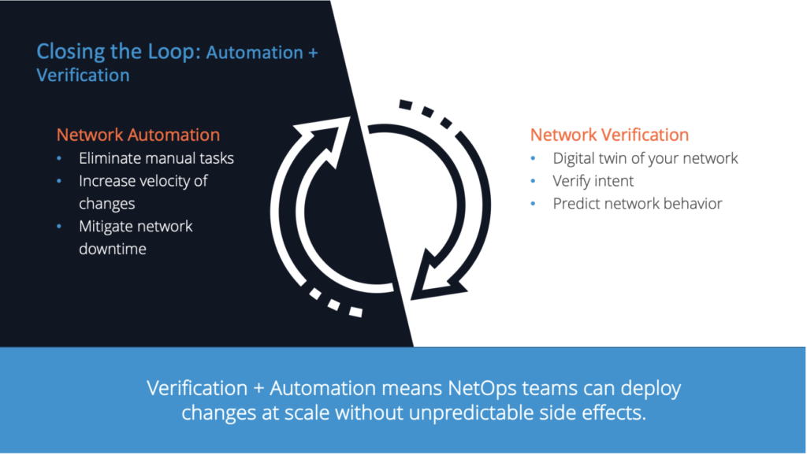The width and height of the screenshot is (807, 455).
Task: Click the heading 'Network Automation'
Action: [138, 135]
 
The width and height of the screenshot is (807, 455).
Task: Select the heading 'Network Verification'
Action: [609, 135]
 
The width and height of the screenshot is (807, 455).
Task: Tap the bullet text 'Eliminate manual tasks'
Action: [156, 158]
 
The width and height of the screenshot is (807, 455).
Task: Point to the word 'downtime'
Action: [112, 249]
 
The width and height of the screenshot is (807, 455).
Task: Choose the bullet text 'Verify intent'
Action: [593, 181]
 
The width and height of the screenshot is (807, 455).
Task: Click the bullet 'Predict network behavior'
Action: [637, 204]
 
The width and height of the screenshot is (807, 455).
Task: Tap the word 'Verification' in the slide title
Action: [83, 76]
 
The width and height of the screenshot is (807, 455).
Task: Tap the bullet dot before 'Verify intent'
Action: [534, 182]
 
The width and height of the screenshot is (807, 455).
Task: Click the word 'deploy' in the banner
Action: [652, 389]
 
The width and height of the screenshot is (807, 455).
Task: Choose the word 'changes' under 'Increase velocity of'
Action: [106, 204]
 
